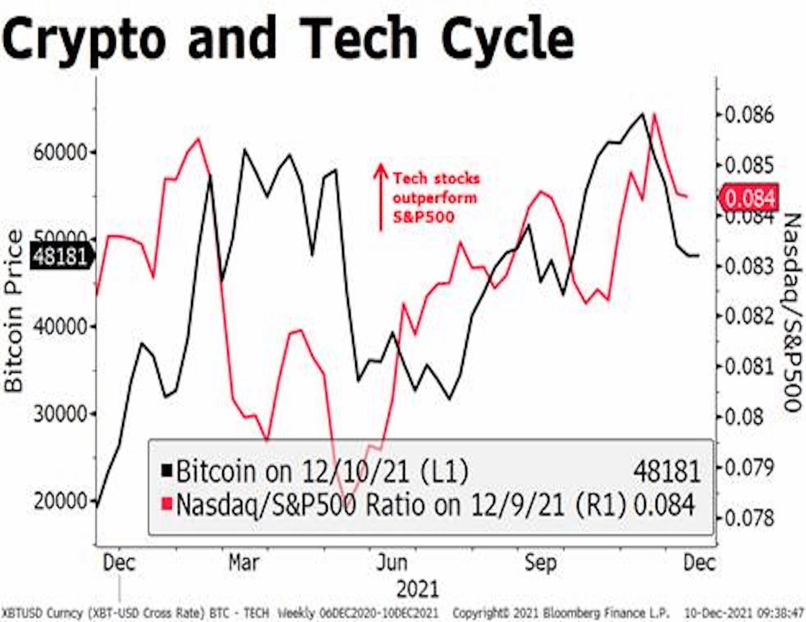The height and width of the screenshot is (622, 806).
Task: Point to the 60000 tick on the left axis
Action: click(60, 153)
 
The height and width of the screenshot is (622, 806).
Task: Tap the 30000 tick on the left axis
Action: click(60, 414)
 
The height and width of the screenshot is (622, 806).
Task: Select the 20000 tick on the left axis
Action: click(60, 501)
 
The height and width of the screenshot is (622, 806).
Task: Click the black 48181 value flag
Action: click(60, 256)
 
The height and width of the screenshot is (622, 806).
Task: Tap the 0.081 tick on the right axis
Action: click(748, 366)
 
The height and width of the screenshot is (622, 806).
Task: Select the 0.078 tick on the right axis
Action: click(748, 518)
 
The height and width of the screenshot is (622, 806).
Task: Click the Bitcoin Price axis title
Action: click(14, 311)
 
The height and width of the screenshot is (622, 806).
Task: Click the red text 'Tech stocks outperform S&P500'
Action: click(436, 198)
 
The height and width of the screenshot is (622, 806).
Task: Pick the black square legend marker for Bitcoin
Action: click(167, 471)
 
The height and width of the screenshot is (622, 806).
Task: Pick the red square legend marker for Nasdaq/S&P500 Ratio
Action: click(167, 505)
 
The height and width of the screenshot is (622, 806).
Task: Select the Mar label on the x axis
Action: click(244, 562)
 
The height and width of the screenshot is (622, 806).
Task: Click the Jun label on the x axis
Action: click(391, 562)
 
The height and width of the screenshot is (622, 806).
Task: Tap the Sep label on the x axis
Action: click(541, 562)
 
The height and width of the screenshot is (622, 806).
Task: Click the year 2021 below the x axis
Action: click(417, 589)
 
